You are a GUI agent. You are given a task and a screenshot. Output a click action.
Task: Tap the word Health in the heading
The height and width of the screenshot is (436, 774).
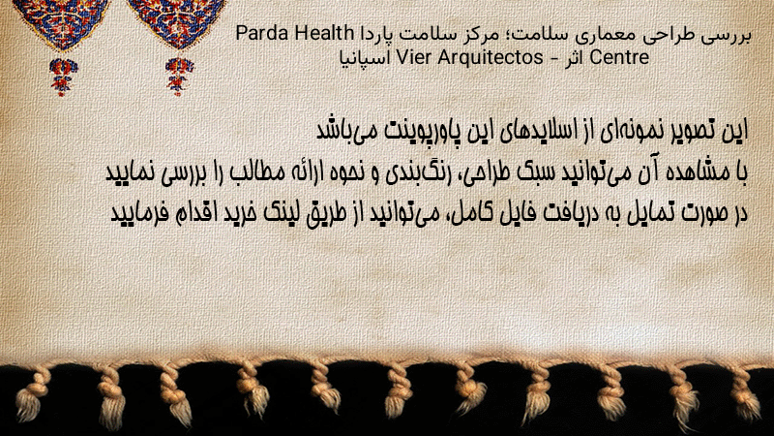(x=325, y=34)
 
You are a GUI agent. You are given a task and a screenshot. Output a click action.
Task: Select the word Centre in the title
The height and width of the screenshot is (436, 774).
(x=619, y=58)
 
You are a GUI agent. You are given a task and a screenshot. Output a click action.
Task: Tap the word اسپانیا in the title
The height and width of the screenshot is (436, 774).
(x=366, y=58)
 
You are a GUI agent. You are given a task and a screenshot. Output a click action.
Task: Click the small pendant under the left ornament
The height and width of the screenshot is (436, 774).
(x=63, y=77)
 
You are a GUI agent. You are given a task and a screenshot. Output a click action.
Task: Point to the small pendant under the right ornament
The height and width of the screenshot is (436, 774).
(x=179, y=77)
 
